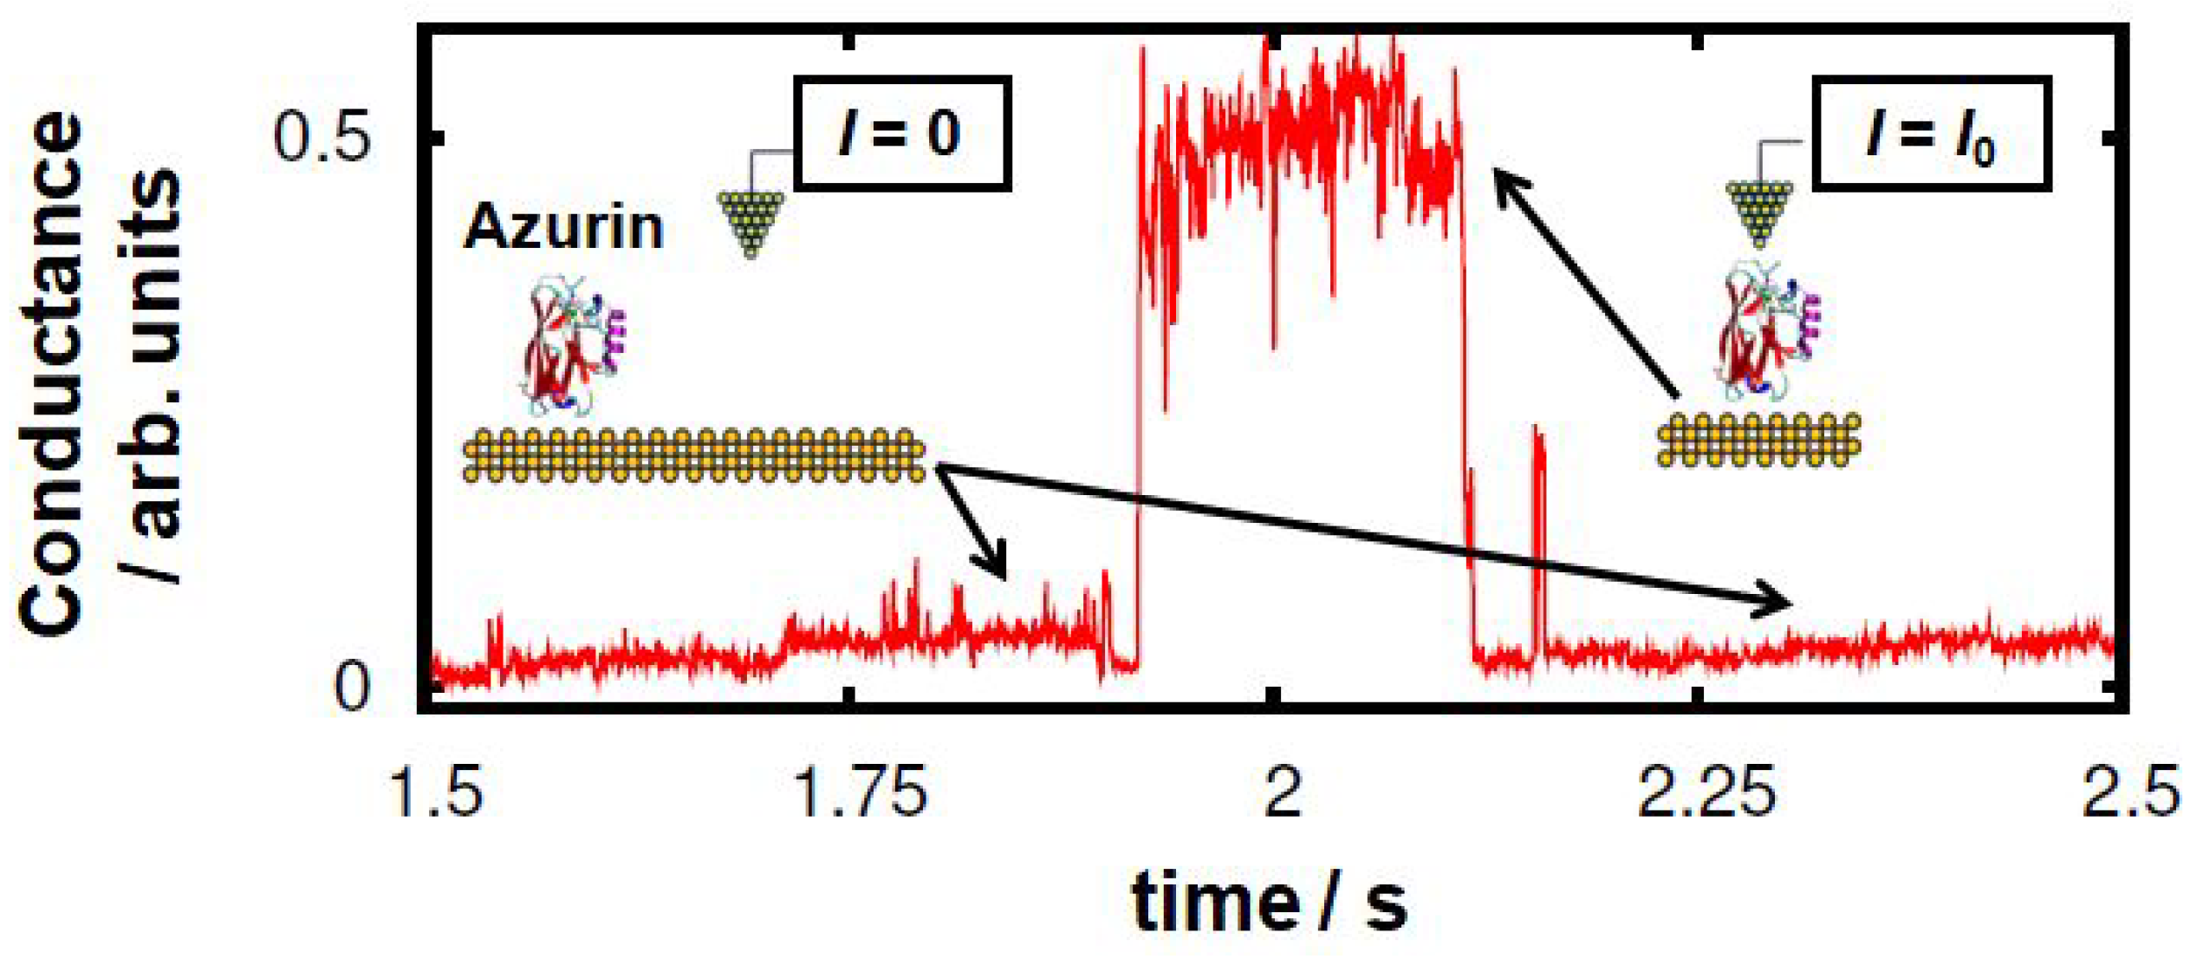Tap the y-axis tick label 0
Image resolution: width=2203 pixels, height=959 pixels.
point(351,687)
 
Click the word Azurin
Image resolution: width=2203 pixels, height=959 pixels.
point(563,227)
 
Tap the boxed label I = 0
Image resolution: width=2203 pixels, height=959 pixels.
point(902,133)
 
